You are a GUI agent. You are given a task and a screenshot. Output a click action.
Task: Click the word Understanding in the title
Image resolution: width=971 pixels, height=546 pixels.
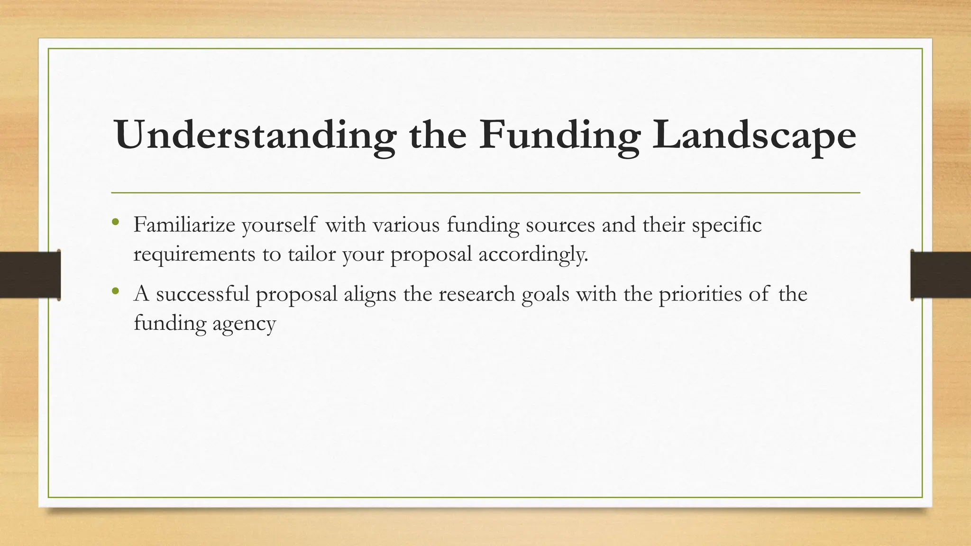(255, 135)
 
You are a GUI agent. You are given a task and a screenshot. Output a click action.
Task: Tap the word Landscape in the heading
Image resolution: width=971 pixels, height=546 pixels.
(754, 135)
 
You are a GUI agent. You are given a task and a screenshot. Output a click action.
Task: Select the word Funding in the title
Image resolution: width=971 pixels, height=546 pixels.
(559, 135)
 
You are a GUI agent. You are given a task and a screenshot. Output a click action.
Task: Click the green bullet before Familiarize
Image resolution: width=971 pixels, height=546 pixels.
(116, 222)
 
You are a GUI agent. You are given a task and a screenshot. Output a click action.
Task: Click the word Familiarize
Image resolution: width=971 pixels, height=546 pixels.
(184, 225)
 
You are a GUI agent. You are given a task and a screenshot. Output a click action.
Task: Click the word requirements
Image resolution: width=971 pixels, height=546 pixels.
(194, 255)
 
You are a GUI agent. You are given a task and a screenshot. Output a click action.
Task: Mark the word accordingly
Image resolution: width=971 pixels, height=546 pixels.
(533, 255)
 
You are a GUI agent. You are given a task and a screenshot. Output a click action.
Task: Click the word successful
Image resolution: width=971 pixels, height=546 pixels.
(202, 294)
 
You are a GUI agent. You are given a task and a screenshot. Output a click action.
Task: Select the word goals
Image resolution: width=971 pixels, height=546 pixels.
(545, 295)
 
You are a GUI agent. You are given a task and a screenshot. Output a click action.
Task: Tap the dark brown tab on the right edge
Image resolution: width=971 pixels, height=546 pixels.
(941, 275)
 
